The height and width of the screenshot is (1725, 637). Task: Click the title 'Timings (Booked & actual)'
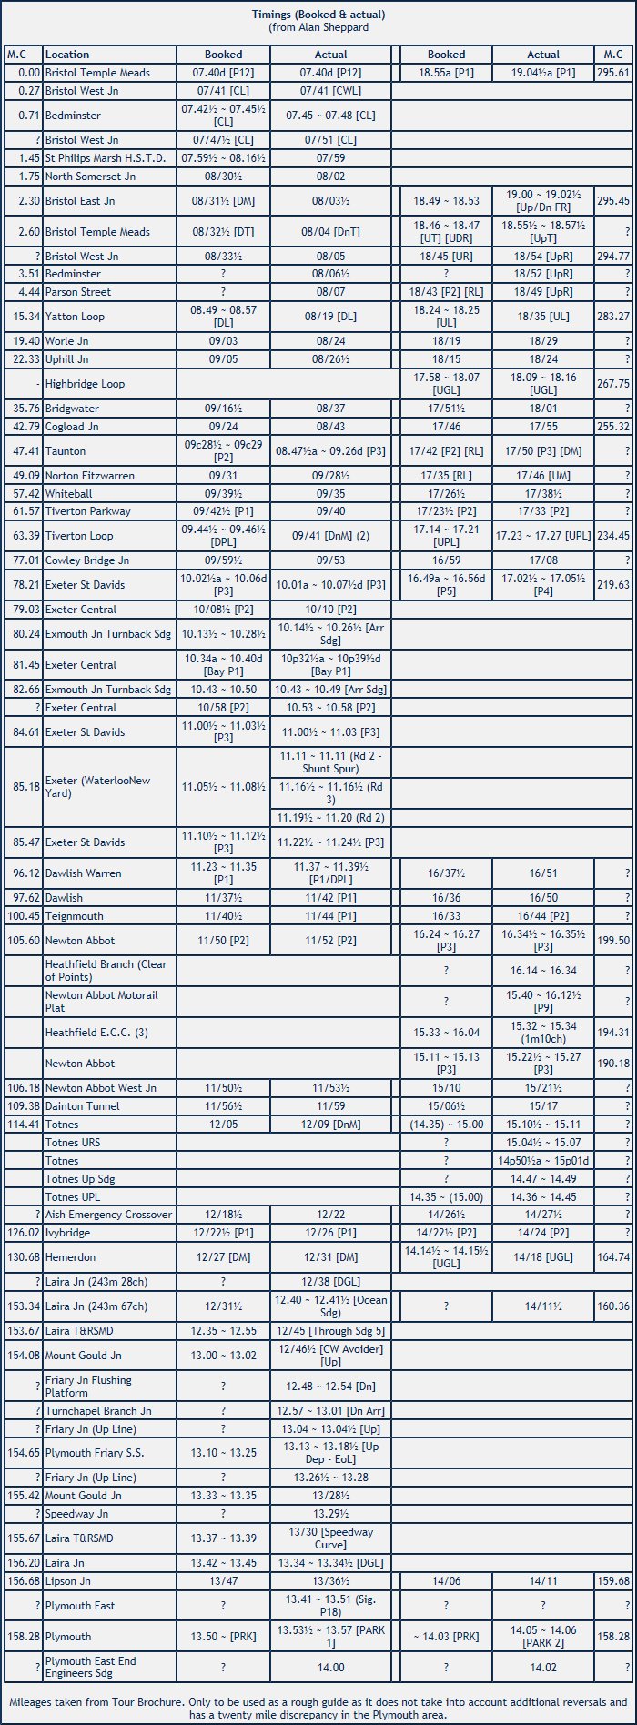pyautogui.click(x=318, y=15)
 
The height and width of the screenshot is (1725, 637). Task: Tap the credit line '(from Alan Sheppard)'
pyautogui.click(x=318, y=27)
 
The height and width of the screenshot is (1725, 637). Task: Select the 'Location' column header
pyautogui.click(x=67, y=55)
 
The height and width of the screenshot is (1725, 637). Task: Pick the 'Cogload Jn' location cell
pyautogui.click(x=73, y=426)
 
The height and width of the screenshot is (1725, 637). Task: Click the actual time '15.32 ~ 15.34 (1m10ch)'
pyautogui.click(x=543, y=1033)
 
